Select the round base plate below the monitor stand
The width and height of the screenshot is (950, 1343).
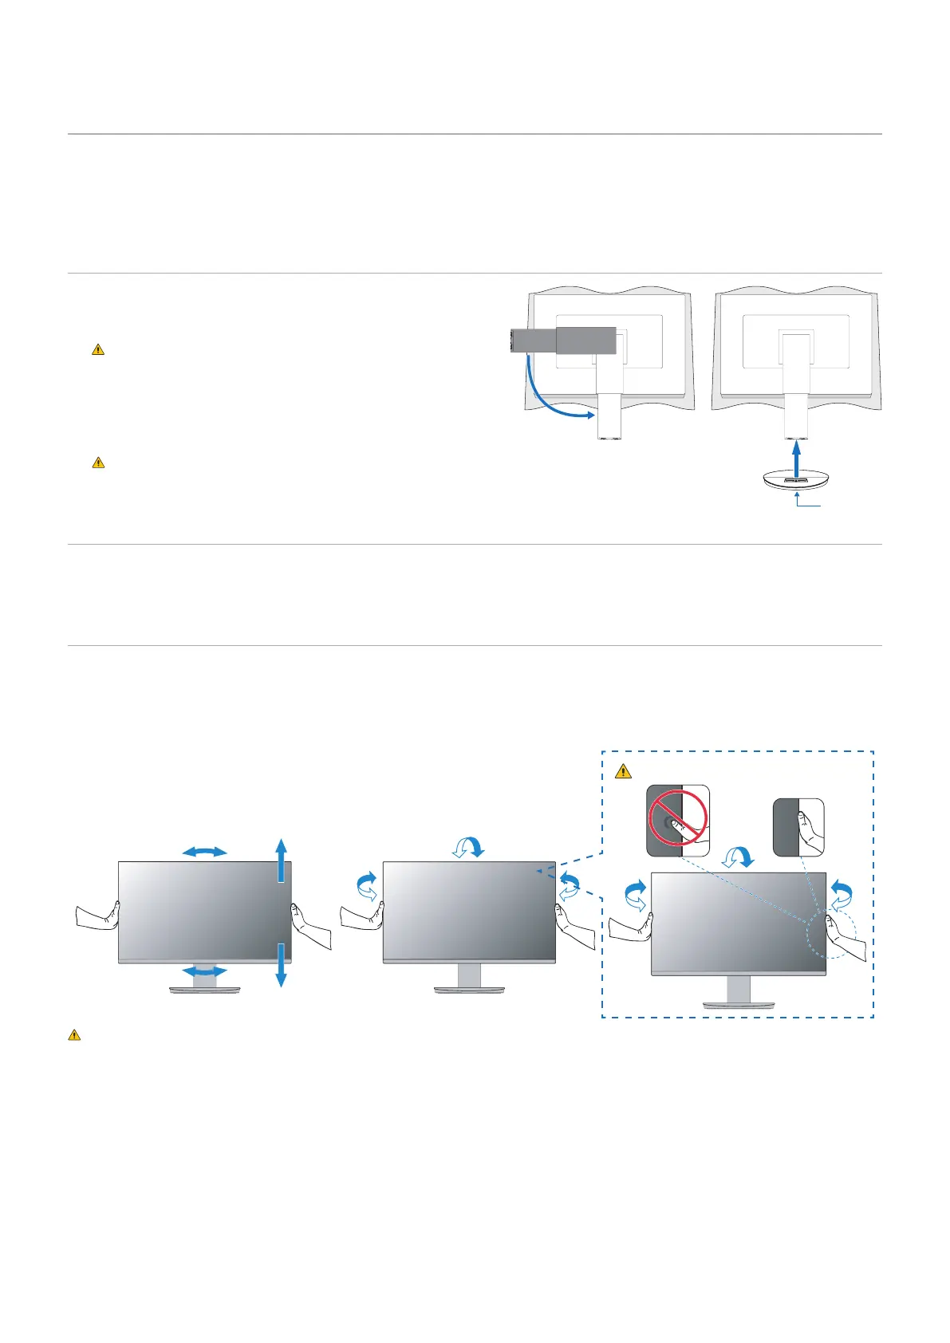pyautogui.click(x=796, y=483)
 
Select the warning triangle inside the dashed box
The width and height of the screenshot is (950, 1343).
pyautogui.click(x=624, y=771)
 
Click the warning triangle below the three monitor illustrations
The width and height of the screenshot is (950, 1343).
pyautogui.click(x=74, y=1035)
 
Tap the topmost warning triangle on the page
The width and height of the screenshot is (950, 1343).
pyautogui.click(x=98, y=349)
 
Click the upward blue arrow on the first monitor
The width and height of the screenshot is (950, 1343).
pyautogui.click(x=280, y=860)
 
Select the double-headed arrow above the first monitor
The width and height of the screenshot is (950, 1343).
pyautogui.click(x=204, y=852)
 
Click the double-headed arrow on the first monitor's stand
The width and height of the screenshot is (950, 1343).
pyautogui.click(x=204, y=971)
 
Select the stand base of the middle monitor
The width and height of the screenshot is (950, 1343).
pyautogui.click(x=469, y=990)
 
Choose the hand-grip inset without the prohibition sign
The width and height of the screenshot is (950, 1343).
pyautogui.click(x=798, y=828)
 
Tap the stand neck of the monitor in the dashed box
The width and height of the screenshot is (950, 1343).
pyautogui.click(x=738, y=989)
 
